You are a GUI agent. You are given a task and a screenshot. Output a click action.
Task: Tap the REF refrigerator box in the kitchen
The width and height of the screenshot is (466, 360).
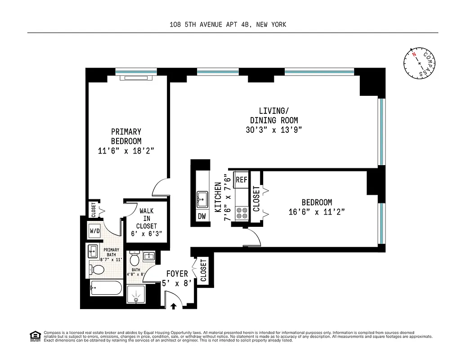coord(242,179)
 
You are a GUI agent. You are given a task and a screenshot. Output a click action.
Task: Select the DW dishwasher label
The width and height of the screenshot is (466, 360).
coord(202,216)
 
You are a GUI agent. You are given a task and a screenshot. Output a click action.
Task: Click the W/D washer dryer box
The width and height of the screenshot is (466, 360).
coord(95,231)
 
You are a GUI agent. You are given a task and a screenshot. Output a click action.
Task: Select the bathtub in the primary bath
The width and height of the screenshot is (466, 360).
coord(106,288)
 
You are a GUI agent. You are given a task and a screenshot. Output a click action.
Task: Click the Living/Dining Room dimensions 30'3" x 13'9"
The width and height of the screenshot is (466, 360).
coord(273,130)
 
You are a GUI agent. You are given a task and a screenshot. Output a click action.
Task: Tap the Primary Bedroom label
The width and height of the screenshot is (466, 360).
coord(126,136)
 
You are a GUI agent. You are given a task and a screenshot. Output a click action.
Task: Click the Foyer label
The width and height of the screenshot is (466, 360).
coord(177,274)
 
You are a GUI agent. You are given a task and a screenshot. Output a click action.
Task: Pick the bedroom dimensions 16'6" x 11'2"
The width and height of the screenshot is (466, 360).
coord(317,212)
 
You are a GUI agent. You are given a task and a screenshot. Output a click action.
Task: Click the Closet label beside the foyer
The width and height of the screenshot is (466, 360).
coord(203,270)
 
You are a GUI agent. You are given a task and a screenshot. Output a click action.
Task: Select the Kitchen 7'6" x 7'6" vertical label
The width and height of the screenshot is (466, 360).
coord(222,197)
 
